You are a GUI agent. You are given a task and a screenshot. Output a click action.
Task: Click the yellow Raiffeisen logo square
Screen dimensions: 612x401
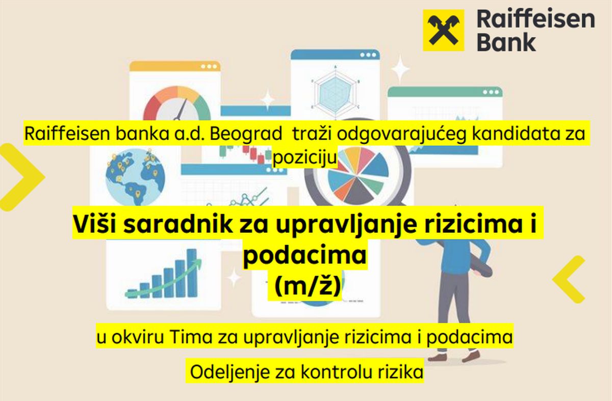click(443, 30)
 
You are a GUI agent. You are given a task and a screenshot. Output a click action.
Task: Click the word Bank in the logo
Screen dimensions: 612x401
click(506, 43)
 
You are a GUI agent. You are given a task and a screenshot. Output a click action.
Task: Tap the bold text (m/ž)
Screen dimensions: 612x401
click(308, 287)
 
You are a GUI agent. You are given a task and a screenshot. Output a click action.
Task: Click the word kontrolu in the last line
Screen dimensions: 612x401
click(337, 371)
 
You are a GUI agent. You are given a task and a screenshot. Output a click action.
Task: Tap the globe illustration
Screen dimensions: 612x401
click(136, 177)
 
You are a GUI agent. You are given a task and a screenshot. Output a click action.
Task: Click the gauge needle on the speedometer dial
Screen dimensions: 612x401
click(181, 109)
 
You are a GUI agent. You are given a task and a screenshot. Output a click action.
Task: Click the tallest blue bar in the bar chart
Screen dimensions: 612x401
click(192, 273)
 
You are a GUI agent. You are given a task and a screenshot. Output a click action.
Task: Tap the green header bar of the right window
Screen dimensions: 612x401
click(445, 92)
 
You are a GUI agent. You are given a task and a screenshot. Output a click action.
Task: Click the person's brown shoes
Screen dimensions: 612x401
click(454, 357)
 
